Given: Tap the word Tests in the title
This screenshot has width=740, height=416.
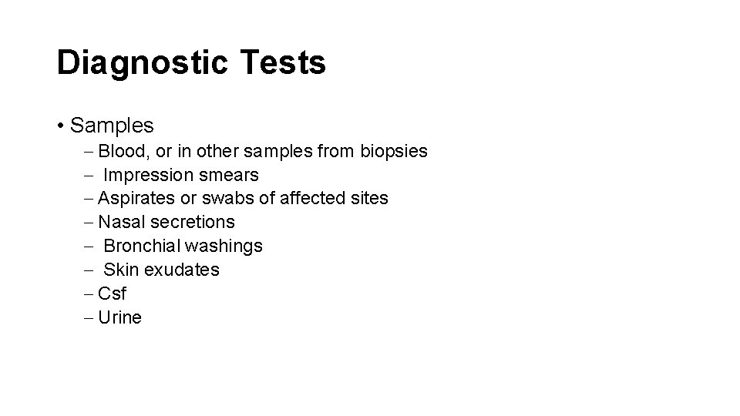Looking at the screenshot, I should click(284, 62).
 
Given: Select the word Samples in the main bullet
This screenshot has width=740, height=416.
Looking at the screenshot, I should click(112, 125).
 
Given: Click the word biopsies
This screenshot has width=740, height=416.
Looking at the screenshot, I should click(393, 151).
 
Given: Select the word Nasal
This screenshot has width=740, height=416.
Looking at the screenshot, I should click(122, 223).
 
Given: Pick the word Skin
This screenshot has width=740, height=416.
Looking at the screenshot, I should click(119, 270).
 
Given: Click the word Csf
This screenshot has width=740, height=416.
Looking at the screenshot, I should click(113, 294).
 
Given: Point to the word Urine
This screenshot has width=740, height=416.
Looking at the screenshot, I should click(120, 318).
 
